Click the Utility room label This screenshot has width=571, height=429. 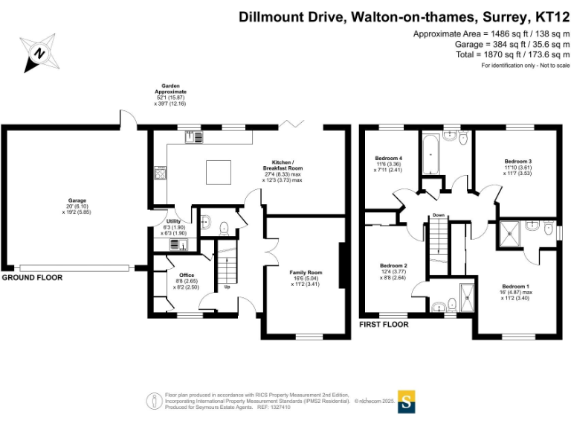(172, 221)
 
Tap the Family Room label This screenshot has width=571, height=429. (306, 273)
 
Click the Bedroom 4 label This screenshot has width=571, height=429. (388, 158)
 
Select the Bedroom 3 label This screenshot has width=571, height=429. (517, 162)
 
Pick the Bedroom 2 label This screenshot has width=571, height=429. (393, 266)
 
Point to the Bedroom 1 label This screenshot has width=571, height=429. (515, 286)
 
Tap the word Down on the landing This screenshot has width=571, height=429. (439, 215)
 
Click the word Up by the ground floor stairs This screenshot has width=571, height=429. (226, 286)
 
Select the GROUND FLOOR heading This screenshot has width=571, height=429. (31, 277)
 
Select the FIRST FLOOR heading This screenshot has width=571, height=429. (383, 325)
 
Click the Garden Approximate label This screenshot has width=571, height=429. (170, 89)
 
